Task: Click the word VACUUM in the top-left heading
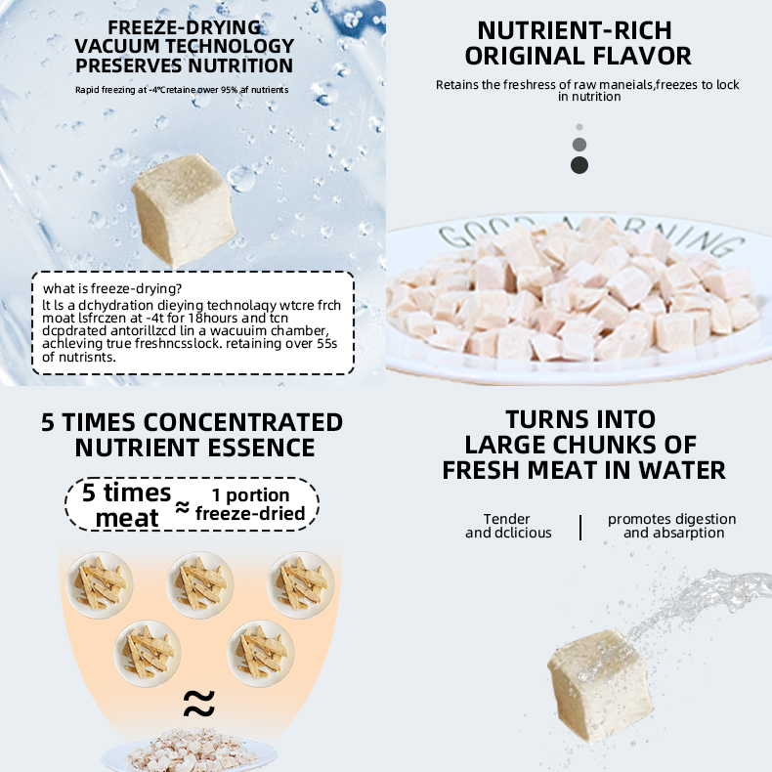117,46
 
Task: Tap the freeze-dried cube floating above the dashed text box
184,209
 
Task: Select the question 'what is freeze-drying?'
112,288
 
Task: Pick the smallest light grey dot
579,127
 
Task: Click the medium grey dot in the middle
579,145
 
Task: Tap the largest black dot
579,165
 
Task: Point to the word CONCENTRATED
242,422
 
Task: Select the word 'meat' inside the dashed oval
127,518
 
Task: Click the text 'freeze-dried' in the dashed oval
250,513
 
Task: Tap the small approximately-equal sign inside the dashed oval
182,506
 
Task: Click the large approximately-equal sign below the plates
199,703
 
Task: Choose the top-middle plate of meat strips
200,585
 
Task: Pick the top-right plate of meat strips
301,585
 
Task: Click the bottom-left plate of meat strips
148,654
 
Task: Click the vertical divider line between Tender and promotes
581,528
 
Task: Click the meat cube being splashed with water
601,687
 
